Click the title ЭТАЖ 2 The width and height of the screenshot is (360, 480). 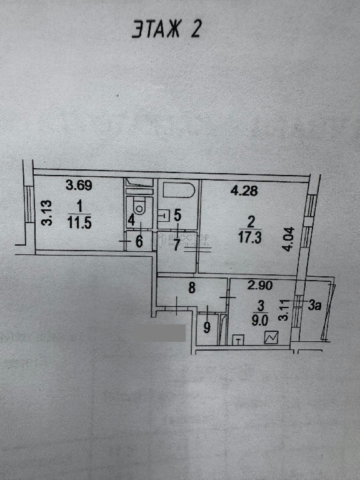click(166, 29)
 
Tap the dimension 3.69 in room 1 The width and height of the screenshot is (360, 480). click(79, 185)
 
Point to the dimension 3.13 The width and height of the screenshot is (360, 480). click(47, 212)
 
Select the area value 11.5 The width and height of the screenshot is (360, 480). click(79, 223)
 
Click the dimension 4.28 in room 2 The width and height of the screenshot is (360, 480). click(244, 191)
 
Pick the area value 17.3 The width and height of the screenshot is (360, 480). click(250, 238)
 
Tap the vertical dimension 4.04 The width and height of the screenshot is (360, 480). click(289, 239)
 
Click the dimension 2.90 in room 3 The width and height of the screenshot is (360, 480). click(260, 285)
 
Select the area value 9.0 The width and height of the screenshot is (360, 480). click(260, 321)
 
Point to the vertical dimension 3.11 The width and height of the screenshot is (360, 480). click(284, 310)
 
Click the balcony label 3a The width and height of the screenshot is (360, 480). click(315, 305)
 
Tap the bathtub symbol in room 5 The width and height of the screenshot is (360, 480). click(179, 190)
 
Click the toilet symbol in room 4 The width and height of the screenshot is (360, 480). click(139, 206)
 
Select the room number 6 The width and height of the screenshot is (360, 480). click(139, 241)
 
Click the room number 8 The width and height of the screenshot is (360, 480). click(192, 287)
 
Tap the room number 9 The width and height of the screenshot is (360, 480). click(207, 328)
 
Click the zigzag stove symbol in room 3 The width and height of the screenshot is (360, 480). click(271, 337)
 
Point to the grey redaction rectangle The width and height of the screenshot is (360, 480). click(161, 333)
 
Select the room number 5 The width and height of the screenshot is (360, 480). click(177, 215)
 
